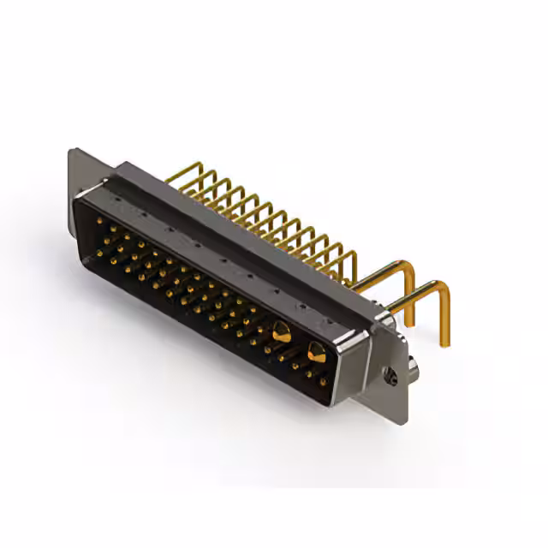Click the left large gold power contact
(x=280, y=330)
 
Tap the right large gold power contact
(x=316, y=350)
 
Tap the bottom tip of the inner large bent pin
(x=410, y=324)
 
